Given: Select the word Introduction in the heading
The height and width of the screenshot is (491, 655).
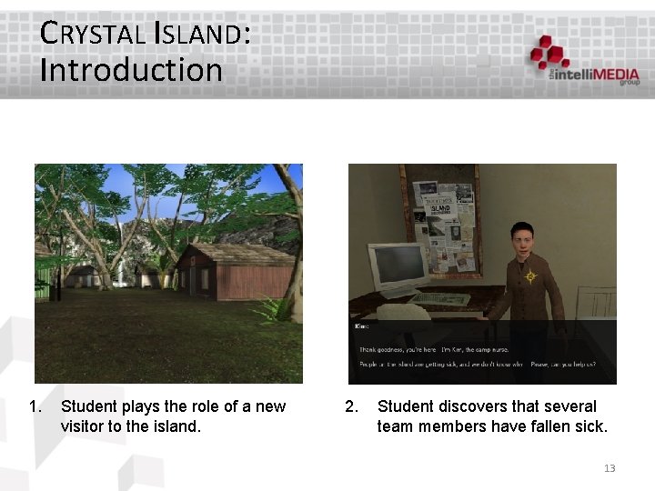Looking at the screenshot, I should [x=131, y=69].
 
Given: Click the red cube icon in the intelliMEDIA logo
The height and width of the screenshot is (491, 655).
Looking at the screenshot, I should [x=549, y=51].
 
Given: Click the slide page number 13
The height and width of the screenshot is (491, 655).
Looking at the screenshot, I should [x=610, y=468].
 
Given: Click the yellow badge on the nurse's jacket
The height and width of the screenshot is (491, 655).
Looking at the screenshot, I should [x=530, y=276].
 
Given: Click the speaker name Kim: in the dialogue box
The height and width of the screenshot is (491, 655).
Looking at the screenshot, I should [x=360, y=325].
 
